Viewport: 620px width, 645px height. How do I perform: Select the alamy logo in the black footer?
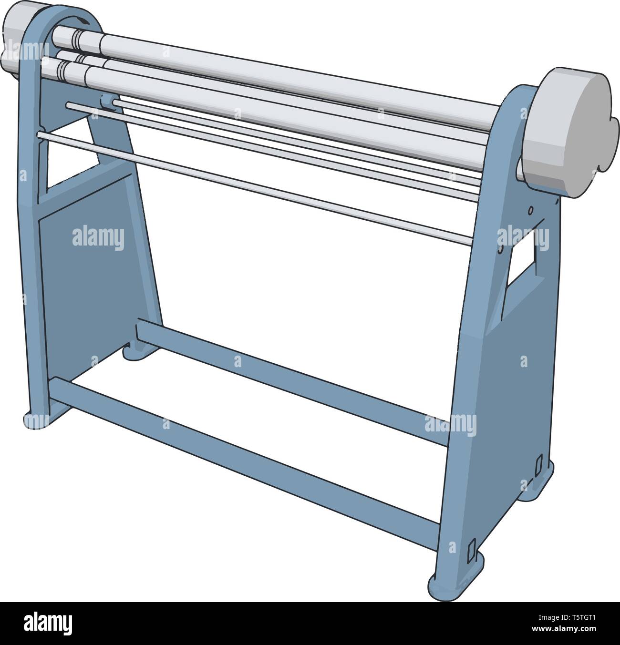pyautogui.click(x=48, y=623)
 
